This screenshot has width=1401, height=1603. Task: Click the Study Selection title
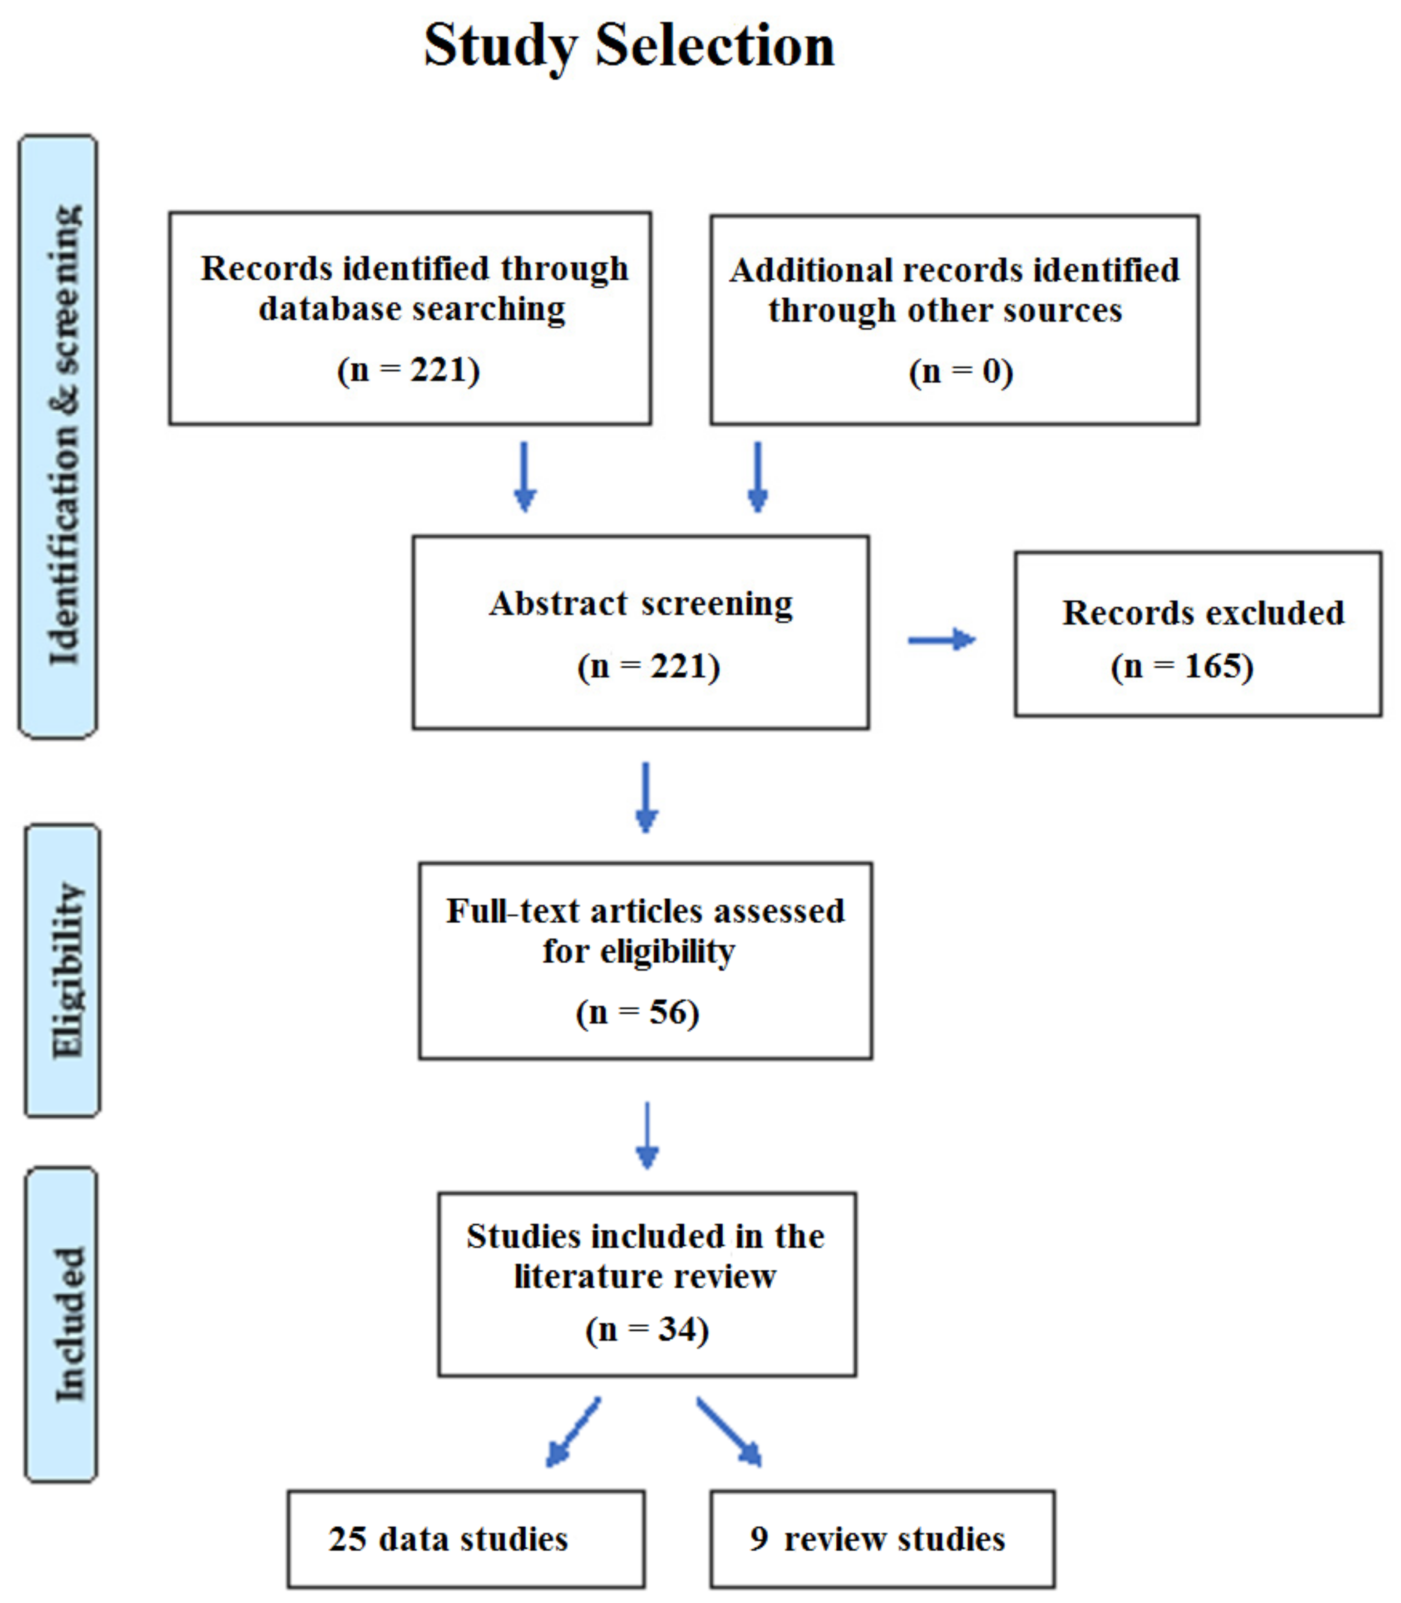point(629,45)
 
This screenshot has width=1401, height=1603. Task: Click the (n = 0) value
point(961,371)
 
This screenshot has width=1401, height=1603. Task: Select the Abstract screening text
point(641,604)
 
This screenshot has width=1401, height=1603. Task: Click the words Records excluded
point(1203,613)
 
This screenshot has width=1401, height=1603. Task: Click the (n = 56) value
point(637,1013)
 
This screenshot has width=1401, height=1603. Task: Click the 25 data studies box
point(466,1539)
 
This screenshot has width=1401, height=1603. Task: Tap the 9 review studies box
point(882,1539)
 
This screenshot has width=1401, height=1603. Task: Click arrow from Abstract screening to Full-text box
point(646,797)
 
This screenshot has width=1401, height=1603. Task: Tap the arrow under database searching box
point(525,476)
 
